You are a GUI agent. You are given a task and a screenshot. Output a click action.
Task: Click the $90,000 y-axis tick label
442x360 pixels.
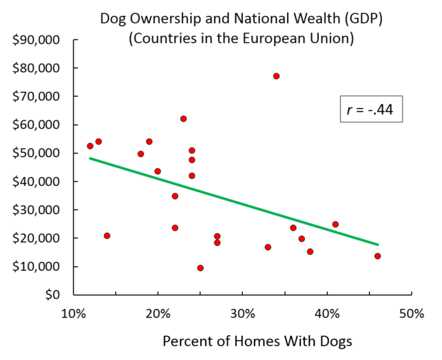click(x=37, y=40)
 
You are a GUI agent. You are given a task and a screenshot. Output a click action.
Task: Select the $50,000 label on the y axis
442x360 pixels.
click(x=37, y=153)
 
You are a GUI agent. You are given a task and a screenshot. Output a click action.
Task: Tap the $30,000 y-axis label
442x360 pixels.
click(x=37, y=210)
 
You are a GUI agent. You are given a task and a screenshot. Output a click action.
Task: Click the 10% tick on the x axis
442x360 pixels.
click(x=73, y=313)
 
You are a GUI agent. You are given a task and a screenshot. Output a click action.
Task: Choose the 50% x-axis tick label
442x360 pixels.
click(x=411, y=313)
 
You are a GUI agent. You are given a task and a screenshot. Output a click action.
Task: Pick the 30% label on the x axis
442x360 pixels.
click(x=242, y=313)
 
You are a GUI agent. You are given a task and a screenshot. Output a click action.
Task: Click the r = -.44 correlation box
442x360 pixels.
click(x=371, y=109)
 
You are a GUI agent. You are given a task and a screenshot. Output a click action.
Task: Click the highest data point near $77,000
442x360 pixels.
click(x=276, y=76)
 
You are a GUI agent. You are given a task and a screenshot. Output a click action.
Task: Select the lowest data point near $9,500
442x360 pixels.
click(x=200, y=268)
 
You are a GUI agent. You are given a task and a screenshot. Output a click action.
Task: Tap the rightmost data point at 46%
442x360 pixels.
click(x=378, y=256)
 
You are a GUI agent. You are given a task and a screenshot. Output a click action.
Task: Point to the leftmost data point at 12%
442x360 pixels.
click(x=90, y=146)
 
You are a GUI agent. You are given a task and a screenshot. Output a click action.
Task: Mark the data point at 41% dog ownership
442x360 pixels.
click(x=335, y=225)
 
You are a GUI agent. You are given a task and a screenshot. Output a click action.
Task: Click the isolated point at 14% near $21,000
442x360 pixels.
click(x=107, y=236)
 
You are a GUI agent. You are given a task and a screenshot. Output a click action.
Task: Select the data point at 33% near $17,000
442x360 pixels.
click(x=268, y=247)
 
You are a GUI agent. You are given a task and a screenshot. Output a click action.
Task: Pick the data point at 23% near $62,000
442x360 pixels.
click(x=183, y=119)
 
